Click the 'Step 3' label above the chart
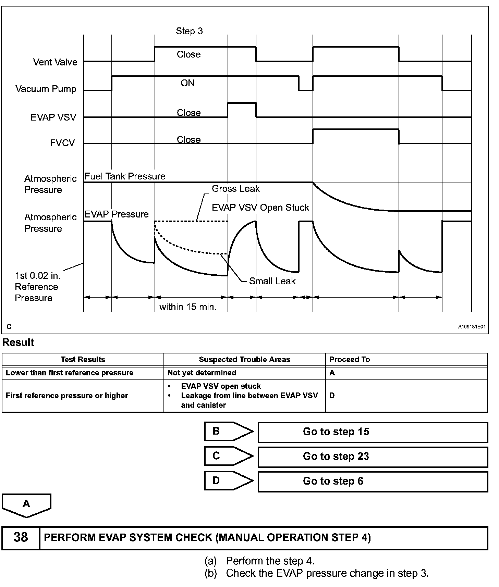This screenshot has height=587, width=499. pos(189,31)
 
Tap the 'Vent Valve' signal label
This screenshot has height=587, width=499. pos(55,62)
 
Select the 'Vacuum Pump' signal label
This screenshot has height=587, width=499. pos(46,89)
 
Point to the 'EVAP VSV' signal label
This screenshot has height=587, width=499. pos(53,117)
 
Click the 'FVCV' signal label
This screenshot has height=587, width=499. pos(62,143)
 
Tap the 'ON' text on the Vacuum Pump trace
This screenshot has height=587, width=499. pos(187,83)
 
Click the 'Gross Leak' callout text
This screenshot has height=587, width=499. pos(235,189)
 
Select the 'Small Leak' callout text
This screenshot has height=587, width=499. pos(272,281)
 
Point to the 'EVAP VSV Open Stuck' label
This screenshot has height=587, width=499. pos(260,208)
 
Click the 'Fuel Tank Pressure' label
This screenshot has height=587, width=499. pos(125,176)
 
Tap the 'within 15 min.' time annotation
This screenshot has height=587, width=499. pos(188,307)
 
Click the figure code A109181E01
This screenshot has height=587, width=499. pos(472,327)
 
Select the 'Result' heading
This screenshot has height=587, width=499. pos(18,342)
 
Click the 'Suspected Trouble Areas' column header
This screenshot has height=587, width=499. pos(244,360)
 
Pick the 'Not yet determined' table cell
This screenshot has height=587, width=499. pos(202,373)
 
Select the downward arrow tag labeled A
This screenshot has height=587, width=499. pos(26,504)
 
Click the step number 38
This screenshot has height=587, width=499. pos(21,537)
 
